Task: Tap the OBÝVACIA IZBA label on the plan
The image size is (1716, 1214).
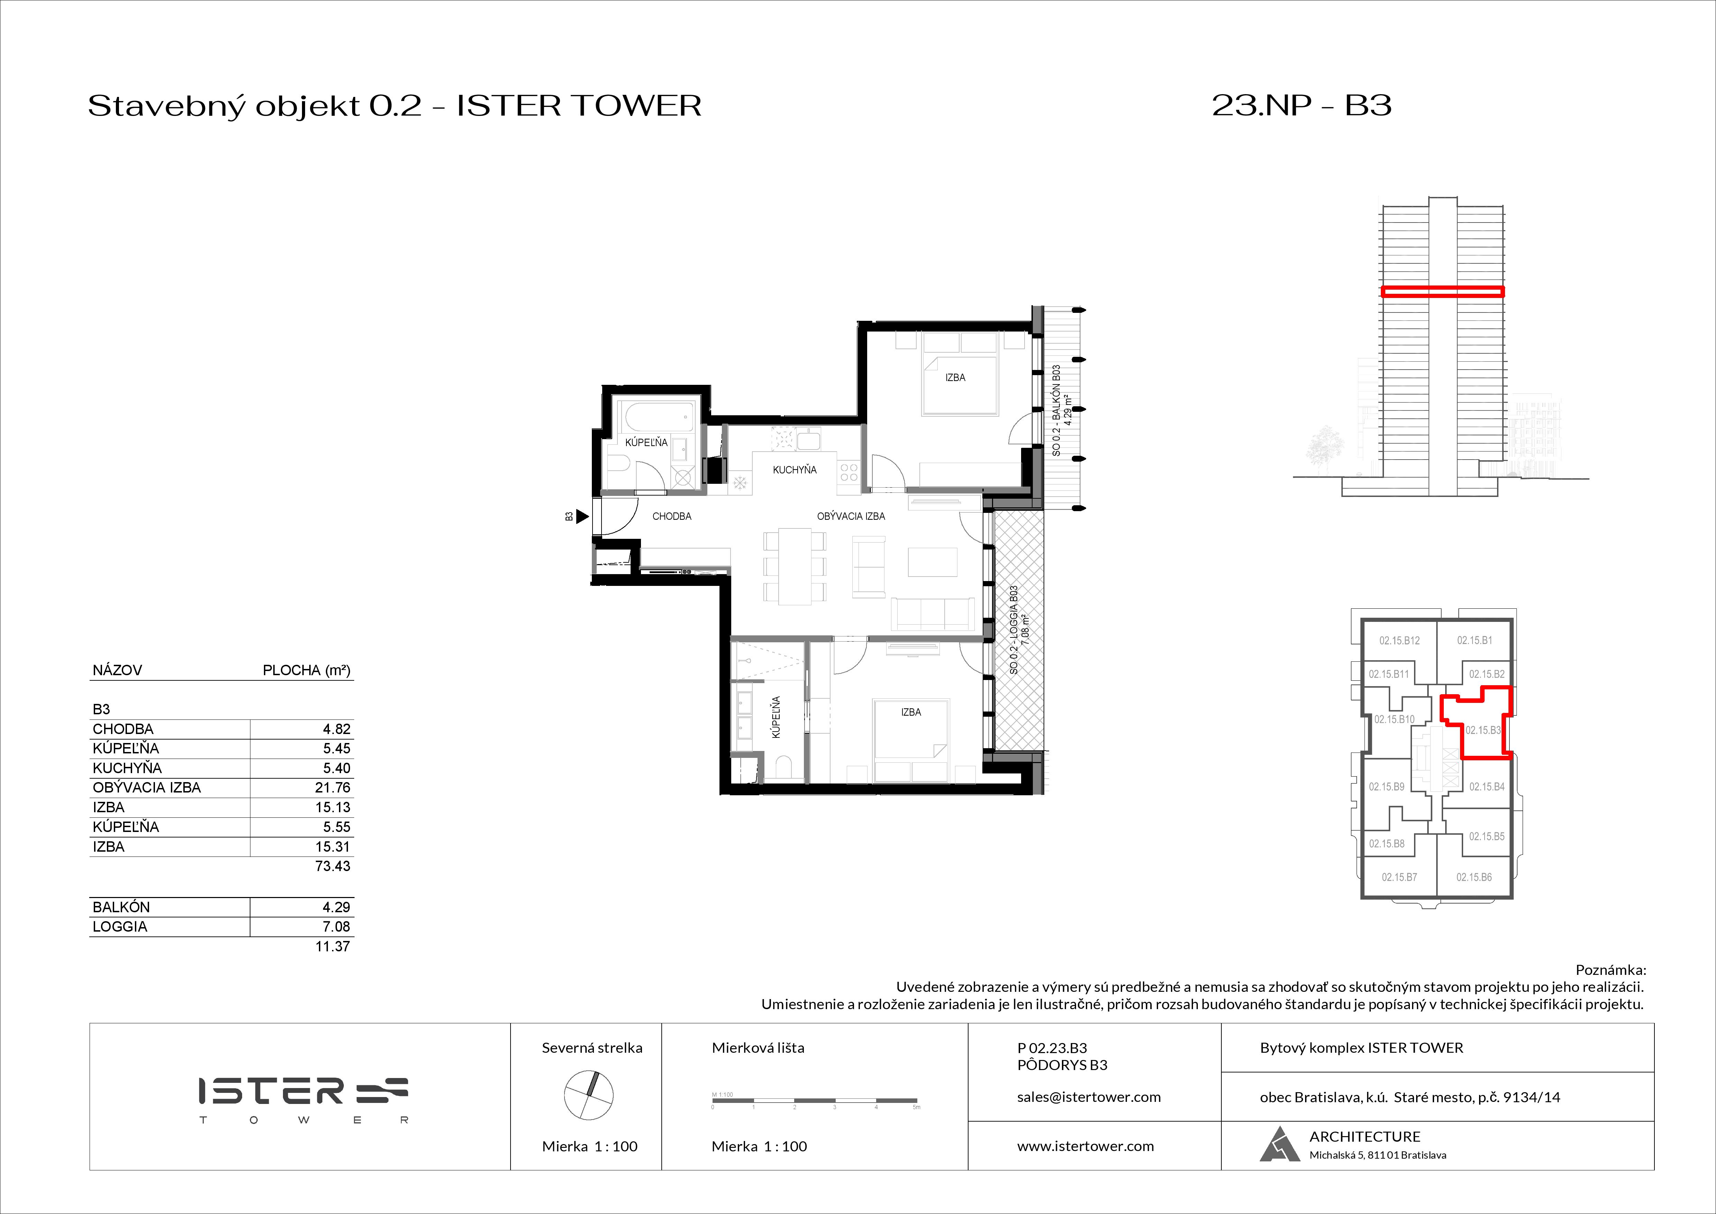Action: pos(851,516)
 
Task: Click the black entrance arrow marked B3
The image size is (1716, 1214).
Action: pos(582,516)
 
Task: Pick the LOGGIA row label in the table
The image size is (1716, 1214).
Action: pos(120,926)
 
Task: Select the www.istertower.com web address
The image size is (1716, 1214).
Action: pos(1085,1146)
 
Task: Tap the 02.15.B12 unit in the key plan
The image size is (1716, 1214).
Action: pos(1399,640)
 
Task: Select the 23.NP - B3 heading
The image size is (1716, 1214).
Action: pos(1301,106)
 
